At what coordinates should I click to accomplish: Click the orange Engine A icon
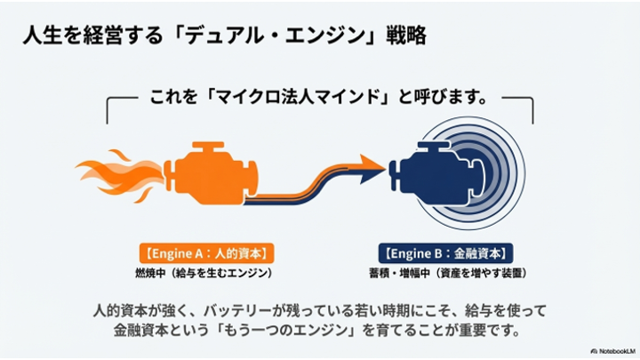[210, 173]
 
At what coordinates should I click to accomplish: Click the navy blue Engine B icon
[436, 172]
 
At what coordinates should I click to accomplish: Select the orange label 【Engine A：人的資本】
[206, 253]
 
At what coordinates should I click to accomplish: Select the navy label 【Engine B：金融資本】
[445, 253]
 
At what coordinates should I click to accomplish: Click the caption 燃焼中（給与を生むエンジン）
[204, 273]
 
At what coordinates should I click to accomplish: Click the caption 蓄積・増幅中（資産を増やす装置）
[448, 273]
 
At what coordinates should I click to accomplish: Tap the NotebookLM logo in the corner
[612, 351]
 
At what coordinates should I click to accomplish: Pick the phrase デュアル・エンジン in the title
[276, 35]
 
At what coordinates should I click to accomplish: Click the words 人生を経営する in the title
[93, 35]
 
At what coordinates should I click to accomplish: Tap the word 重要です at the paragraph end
[490, 330]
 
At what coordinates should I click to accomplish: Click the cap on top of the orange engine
[208, 146]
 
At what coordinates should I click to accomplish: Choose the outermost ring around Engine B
[524, 173]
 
